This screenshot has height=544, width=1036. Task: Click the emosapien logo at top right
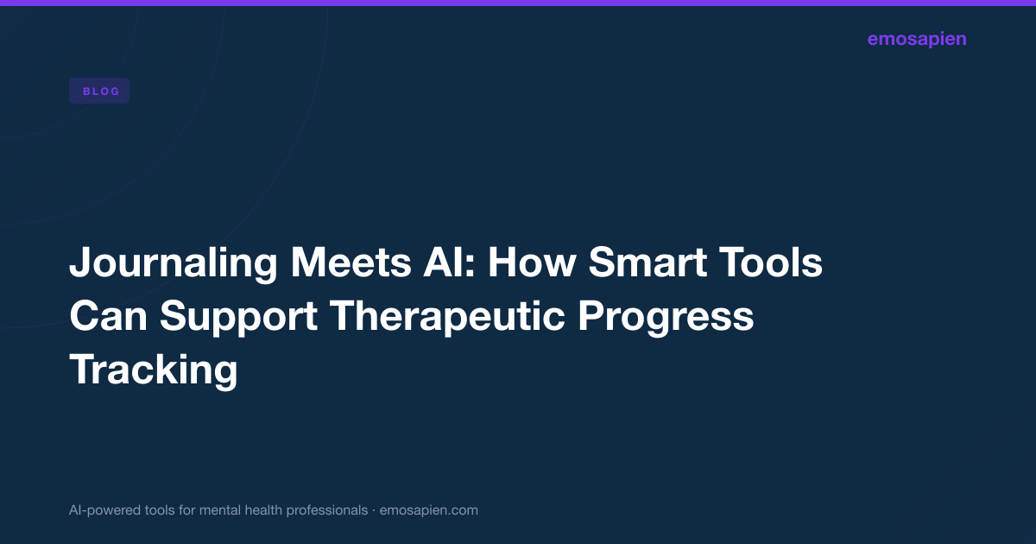[x=917, y=40]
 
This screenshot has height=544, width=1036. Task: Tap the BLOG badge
[x=99, y=91]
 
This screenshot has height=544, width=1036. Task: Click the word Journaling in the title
[x=174, y=263]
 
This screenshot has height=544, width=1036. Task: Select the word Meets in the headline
[x=351, y=263]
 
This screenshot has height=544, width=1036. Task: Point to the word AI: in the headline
[x=449, y=263]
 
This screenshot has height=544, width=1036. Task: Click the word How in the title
[x=532, y=263]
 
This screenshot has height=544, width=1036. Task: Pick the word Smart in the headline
[x=647, y=263]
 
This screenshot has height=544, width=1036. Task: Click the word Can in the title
[x=108, y=316]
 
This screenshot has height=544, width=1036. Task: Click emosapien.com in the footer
[x=429, y=510]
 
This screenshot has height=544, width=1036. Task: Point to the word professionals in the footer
[x=326, y=510]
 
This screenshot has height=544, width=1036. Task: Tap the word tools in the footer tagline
[x=160, y=510]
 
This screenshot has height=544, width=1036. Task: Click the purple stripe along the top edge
[x=518, y=3]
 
